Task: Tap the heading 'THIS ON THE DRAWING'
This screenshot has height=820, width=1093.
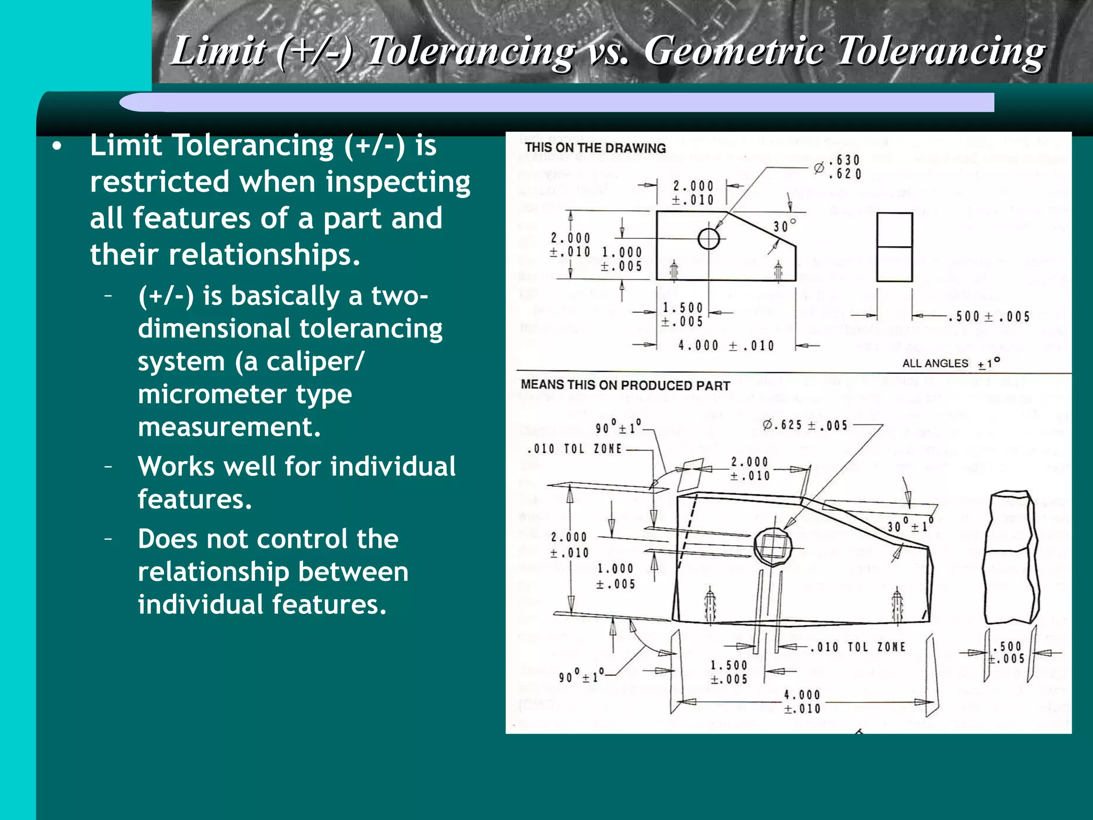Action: [x=595, y=148]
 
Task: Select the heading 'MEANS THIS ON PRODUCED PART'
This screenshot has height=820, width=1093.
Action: [x=625, y=385]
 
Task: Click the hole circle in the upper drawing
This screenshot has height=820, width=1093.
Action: [x=709, y=239]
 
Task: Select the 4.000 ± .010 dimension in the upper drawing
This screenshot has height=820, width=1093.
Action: [x=726, y=346]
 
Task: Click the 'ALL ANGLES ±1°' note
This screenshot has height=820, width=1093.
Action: [x=951, y=364]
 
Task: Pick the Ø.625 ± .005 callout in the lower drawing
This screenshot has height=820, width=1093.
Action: [x=805, y=425]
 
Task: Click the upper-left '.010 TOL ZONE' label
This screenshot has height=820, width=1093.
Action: [x=574, y=449]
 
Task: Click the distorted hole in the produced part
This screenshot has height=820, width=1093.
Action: [x=773, y=547]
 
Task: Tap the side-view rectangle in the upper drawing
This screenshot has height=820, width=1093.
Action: [x=894, y=247]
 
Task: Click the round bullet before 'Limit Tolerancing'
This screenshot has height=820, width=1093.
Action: [x=57, y=146]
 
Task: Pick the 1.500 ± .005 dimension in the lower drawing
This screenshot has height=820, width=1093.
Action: [x=729, y=672]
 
